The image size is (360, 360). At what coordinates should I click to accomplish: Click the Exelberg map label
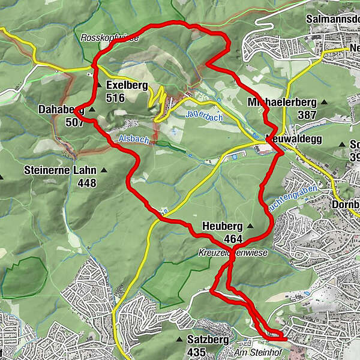127,85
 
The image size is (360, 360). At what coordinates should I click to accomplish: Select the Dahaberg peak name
61,109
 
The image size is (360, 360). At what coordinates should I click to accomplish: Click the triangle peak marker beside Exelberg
99,85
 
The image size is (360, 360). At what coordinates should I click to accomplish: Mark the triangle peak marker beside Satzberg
178,340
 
